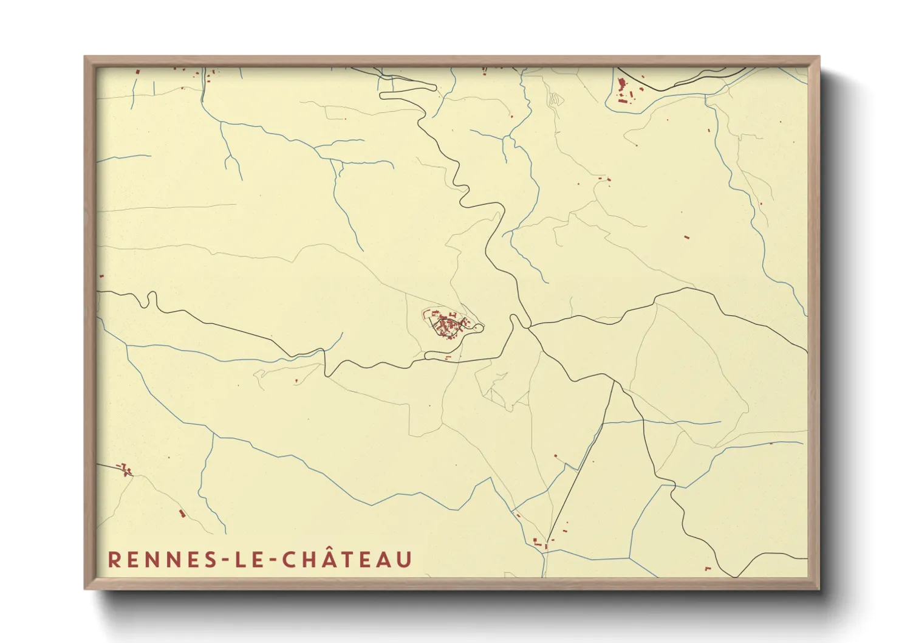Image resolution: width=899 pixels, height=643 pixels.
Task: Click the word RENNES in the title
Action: click(x=159, y=560)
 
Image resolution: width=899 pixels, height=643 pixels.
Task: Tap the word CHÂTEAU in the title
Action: click(x=348, y=559)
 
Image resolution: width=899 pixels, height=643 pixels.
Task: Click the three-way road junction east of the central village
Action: click(x=530, y=328)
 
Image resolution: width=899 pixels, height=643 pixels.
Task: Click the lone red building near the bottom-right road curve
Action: click(x=707, y=569)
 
